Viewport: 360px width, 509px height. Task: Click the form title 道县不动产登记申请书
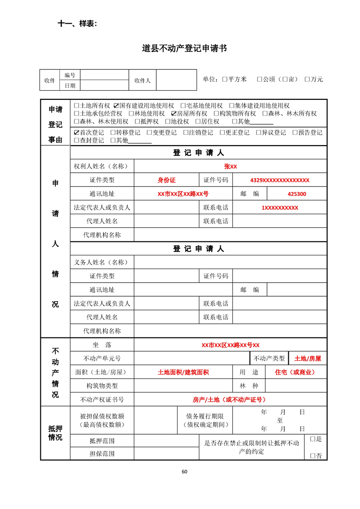point(184,48)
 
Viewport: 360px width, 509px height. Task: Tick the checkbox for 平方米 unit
point(225,79)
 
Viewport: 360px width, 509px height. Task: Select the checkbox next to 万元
point(307,79)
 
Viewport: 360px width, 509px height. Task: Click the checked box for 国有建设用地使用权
point(116,106)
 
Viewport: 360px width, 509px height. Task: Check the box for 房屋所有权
point(174,114)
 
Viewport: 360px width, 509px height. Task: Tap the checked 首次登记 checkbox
point(77,133)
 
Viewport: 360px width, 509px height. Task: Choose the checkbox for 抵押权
point(137,122)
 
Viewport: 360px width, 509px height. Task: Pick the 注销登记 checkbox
point(186,133)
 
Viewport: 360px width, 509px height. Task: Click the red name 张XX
point(230,166)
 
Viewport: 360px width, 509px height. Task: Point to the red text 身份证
point(166,180)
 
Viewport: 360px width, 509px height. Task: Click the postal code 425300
point(296,194)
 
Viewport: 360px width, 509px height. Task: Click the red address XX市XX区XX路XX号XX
point(230,345)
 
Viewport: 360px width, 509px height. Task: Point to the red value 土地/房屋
point(307,359)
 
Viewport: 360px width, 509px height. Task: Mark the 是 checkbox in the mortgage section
point(312,439)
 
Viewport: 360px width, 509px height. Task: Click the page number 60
point(184,471)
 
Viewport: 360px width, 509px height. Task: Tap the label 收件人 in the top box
point(142,80)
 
